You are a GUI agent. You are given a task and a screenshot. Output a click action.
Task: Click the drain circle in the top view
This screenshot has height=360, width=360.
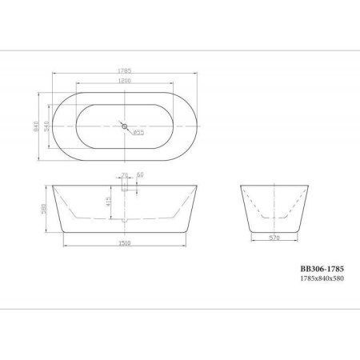(x=125, y=125)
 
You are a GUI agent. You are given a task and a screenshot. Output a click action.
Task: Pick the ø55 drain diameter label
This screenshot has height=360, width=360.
(x=138, y=134)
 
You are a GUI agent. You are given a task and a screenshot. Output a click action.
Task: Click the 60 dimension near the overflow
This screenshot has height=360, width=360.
(x=140, y=174)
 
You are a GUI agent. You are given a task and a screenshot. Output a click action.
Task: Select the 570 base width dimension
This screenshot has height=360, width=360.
(x=274, y=237)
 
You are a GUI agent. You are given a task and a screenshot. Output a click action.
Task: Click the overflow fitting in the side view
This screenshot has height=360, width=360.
(x=126, y=189)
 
